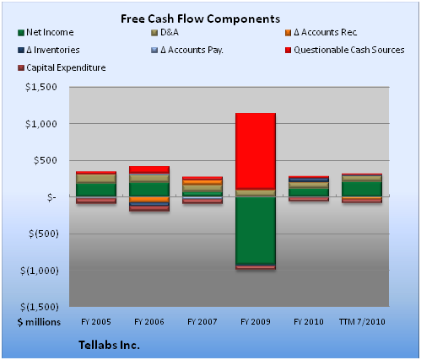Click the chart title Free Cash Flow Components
pyautogui.click(x=200, y=19)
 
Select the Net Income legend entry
pyautogui.click(x=46, y=32)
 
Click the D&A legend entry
pyautogui.click(x=165, y=32)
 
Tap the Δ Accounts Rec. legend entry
pyautogui.click(x=321, y=32)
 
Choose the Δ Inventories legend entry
pyautogui.click(x=49, y=50)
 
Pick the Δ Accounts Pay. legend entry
pyautogui.click(x=187, y=50)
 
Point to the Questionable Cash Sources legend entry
pyautogui.click(x=345, y=50)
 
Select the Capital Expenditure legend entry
pyautogui.click(x=62, y=67)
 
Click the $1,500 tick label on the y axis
pyautogui.click(x=41, y=87)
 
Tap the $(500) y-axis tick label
pyautogui.click(x=44, y=234)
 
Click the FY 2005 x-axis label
pyautogui.click(x=96, y=321)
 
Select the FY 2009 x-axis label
pyautogui.click(x=256, y=321)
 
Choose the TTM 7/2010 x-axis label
pyautogui.click(x=362, y=321)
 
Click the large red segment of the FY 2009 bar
pyautogui.click(x=256, y=151)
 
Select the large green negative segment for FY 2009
pyautogui.click(x=256, y=230)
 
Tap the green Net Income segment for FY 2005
pyautogui.click(x=96, y=190)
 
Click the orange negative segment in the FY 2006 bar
pyautogui.click(x=149, y=200)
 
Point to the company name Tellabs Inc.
pyautogui.click(x=109, y=345)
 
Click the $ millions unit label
pyautogui.click(x=39, y=322)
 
